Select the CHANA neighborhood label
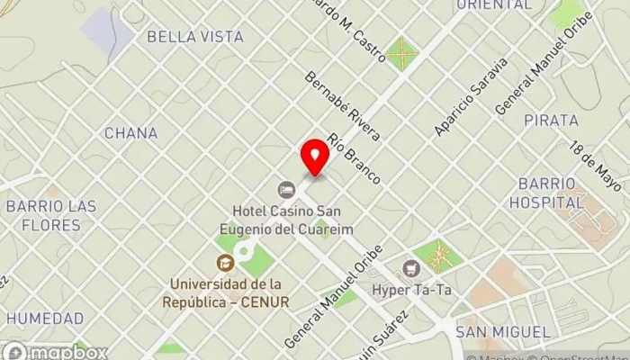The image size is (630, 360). [131, 133]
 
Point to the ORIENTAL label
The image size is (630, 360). [493, 5]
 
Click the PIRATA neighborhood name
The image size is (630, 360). [551, 121]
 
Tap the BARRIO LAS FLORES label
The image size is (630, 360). [50, 215]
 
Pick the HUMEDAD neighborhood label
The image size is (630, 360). [45, 319]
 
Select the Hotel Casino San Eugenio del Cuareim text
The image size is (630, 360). [286, 220]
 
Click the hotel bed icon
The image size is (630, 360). [286, 190]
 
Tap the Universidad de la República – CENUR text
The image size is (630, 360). [226, 294]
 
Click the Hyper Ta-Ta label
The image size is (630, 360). [411, 292]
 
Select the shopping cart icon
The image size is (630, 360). [411, 267]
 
